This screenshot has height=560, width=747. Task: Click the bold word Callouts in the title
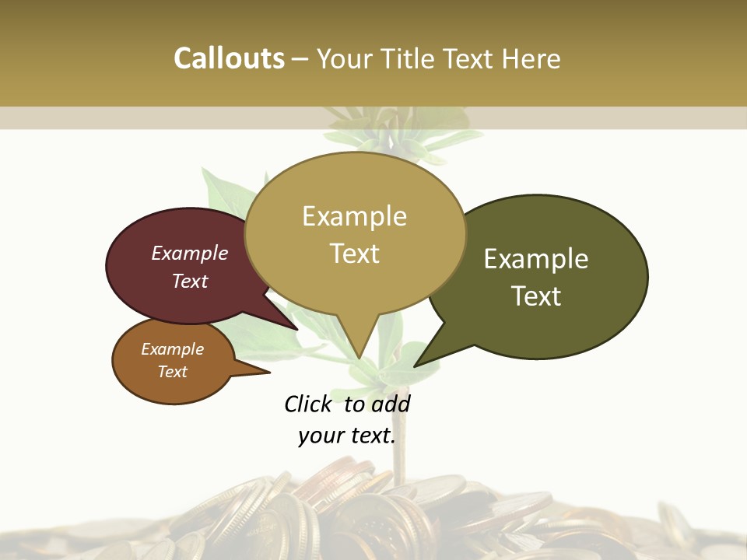pyautogui.click(x=229, y=58)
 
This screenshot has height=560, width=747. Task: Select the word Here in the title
pyautogui.click(x=532, y=58)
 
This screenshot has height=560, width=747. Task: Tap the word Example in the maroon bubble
pyautogui.click(x=190, y=253)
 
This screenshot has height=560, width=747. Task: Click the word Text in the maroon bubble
pyautogui.click(x=190, y=281)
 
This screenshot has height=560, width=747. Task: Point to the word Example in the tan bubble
pyautogui.click(x=354, y=216)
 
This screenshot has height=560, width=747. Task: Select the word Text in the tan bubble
pyautogui.click(x=354, y=254)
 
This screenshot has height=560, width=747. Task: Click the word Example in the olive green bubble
pyautogui.click(x=536, y=259)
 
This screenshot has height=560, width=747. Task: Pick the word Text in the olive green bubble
pyautogui.click(x=536, y=296)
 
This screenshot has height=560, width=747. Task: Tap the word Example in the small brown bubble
pyautogui.click(x=172, y=349)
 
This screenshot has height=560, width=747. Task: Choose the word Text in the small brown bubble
pyautogui.click(x=172, y=372)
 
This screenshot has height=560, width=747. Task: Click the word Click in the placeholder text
pyautogui.click(x=307, y=404)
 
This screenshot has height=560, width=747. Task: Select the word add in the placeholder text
pyautogui.click(x=391, y=404)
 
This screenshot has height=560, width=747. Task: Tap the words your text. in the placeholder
pyautogui.click(x=347, y=436)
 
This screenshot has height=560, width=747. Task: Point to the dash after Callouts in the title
pyautogui.click(x=300, y=59)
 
